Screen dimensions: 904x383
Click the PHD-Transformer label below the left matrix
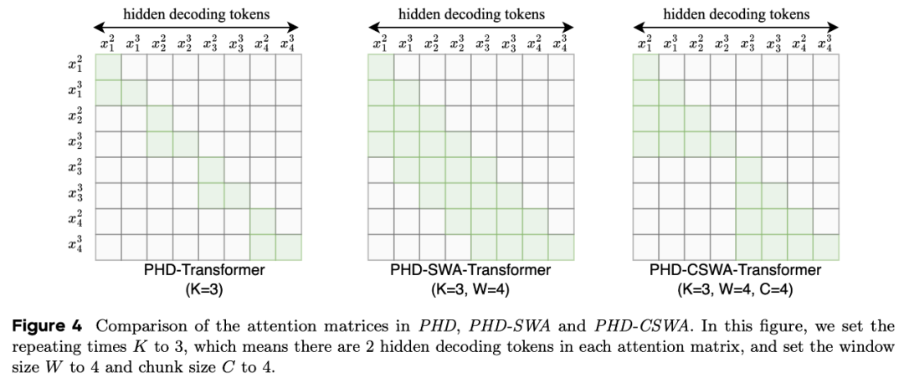tap(198, 269)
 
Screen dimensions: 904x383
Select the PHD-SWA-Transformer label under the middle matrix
tap(470, 269)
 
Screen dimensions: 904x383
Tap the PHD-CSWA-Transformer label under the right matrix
tap(735, 269)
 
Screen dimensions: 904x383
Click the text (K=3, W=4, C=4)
tap(735, 289)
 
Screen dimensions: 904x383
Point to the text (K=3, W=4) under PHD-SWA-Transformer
tap(470, 289)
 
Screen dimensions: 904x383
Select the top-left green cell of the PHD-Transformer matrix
tap(108, 67)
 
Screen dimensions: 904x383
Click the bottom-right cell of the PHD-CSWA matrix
tap(825, 247)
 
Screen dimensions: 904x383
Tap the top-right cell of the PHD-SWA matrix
tap(561, 67)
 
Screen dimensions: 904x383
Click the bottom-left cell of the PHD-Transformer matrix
tap(108, 247)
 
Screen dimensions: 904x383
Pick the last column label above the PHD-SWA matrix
tap(560, 43)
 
